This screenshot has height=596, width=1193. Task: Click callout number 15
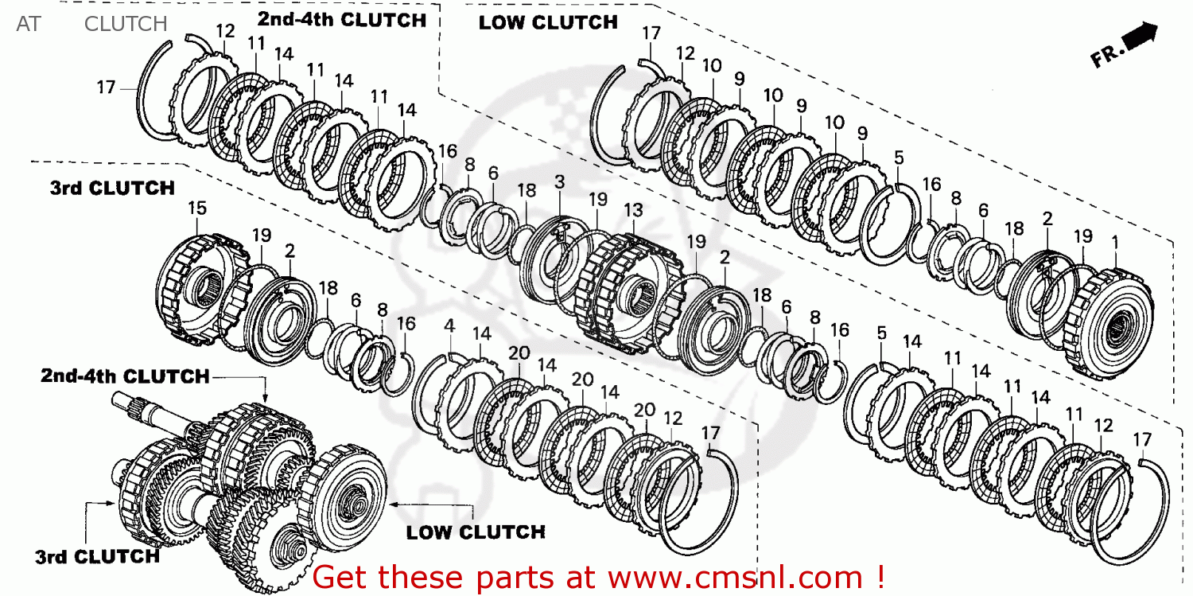[197, 208]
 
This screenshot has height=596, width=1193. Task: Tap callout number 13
[633, 210]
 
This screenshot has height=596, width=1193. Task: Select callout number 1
[1115, 240]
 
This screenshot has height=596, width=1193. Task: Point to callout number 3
[560, 182]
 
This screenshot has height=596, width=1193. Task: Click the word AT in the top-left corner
[28, 24]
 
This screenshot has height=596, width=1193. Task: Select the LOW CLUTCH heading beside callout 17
[547, 23]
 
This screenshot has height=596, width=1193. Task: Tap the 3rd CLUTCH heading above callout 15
[112, 189]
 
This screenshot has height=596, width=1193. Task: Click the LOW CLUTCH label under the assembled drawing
[476, 532]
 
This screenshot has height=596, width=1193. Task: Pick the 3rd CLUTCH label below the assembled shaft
[97, 557]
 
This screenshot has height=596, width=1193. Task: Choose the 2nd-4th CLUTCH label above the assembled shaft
[125, 375]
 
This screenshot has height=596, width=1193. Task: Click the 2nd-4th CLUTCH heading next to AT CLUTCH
[342, 20]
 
